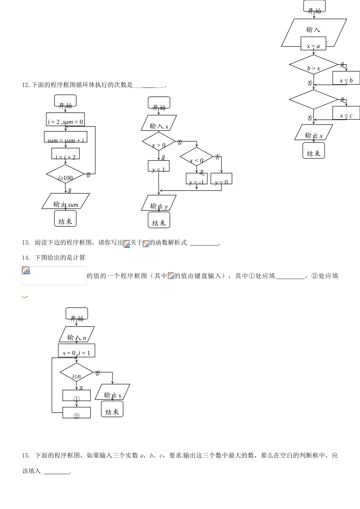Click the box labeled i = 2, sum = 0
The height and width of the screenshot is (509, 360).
click(65, 119)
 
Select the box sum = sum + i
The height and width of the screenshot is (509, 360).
click(66, 137)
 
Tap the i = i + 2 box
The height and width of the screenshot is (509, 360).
click(66, 154)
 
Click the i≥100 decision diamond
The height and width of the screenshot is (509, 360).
click(66, 174)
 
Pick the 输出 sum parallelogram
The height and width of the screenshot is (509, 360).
click(66, 201)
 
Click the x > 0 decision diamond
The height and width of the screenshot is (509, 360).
click(159, 142)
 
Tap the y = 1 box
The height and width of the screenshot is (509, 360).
click(158, 166)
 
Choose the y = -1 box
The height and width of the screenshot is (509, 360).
click(196, 179)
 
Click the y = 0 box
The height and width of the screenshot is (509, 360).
click(221, 179)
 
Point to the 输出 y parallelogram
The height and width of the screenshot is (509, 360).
click(159, 203)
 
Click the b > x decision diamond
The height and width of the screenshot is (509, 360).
click(313, 65)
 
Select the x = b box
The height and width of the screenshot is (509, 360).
click(346, 78)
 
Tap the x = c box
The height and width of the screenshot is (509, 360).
click(346, 113)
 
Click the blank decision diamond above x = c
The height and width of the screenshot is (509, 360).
click(313, 100)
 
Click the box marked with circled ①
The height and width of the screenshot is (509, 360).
click(77, 395)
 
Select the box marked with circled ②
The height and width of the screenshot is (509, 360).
click(77, 413)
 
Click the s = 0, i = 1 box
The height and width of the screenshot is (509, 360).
click(77, 350)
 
